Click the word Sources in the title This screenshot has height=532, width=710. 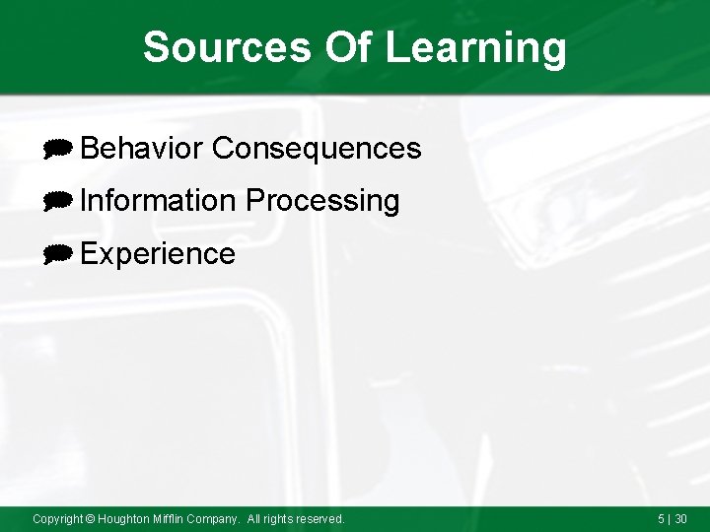point(226,47)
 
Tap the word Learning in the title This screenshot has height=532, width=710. point(476,47)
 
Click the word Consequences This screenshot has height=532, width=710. point(317,149)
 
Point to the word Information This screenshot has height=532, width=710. point(158,201)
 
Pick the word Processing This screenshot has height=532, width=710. point(322,201)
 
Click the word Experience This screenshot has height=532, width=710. point(158,254)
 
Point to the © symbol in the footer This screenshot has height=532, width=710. point(90,518)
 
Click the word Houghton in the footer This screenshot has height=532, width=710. point(123,518)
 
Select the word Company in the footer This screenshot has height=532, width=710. point(216,518)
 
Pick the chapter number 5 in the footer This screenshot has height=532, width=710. point(661,518)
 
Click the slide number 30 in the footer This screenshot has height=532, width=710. point(681,518)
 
